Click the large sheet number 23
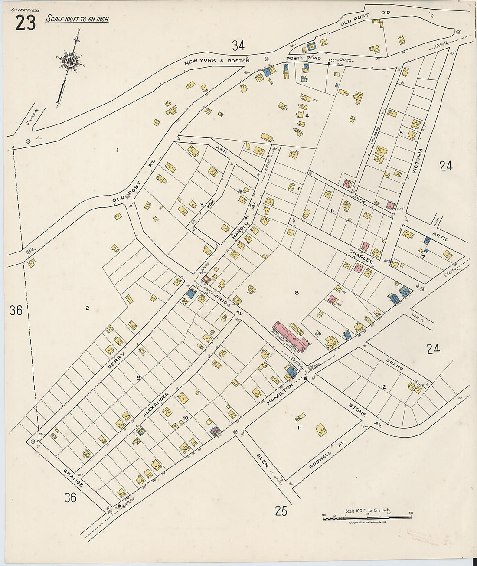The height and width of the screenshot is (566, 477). pyautogui.click(x=26, y=23)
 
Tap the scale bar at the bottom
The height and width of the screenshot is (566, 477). pyautogui.click(x=367, y=517)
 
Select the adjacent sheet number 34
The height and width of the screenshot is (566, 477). pyautogui.click(x=238, y=45)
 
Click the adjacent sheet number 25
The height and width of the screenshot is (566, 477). pyautogui.click(x=281, y=511)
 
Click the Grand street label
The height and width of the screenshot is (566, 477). pyautogui.click(x=395, y=364)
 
